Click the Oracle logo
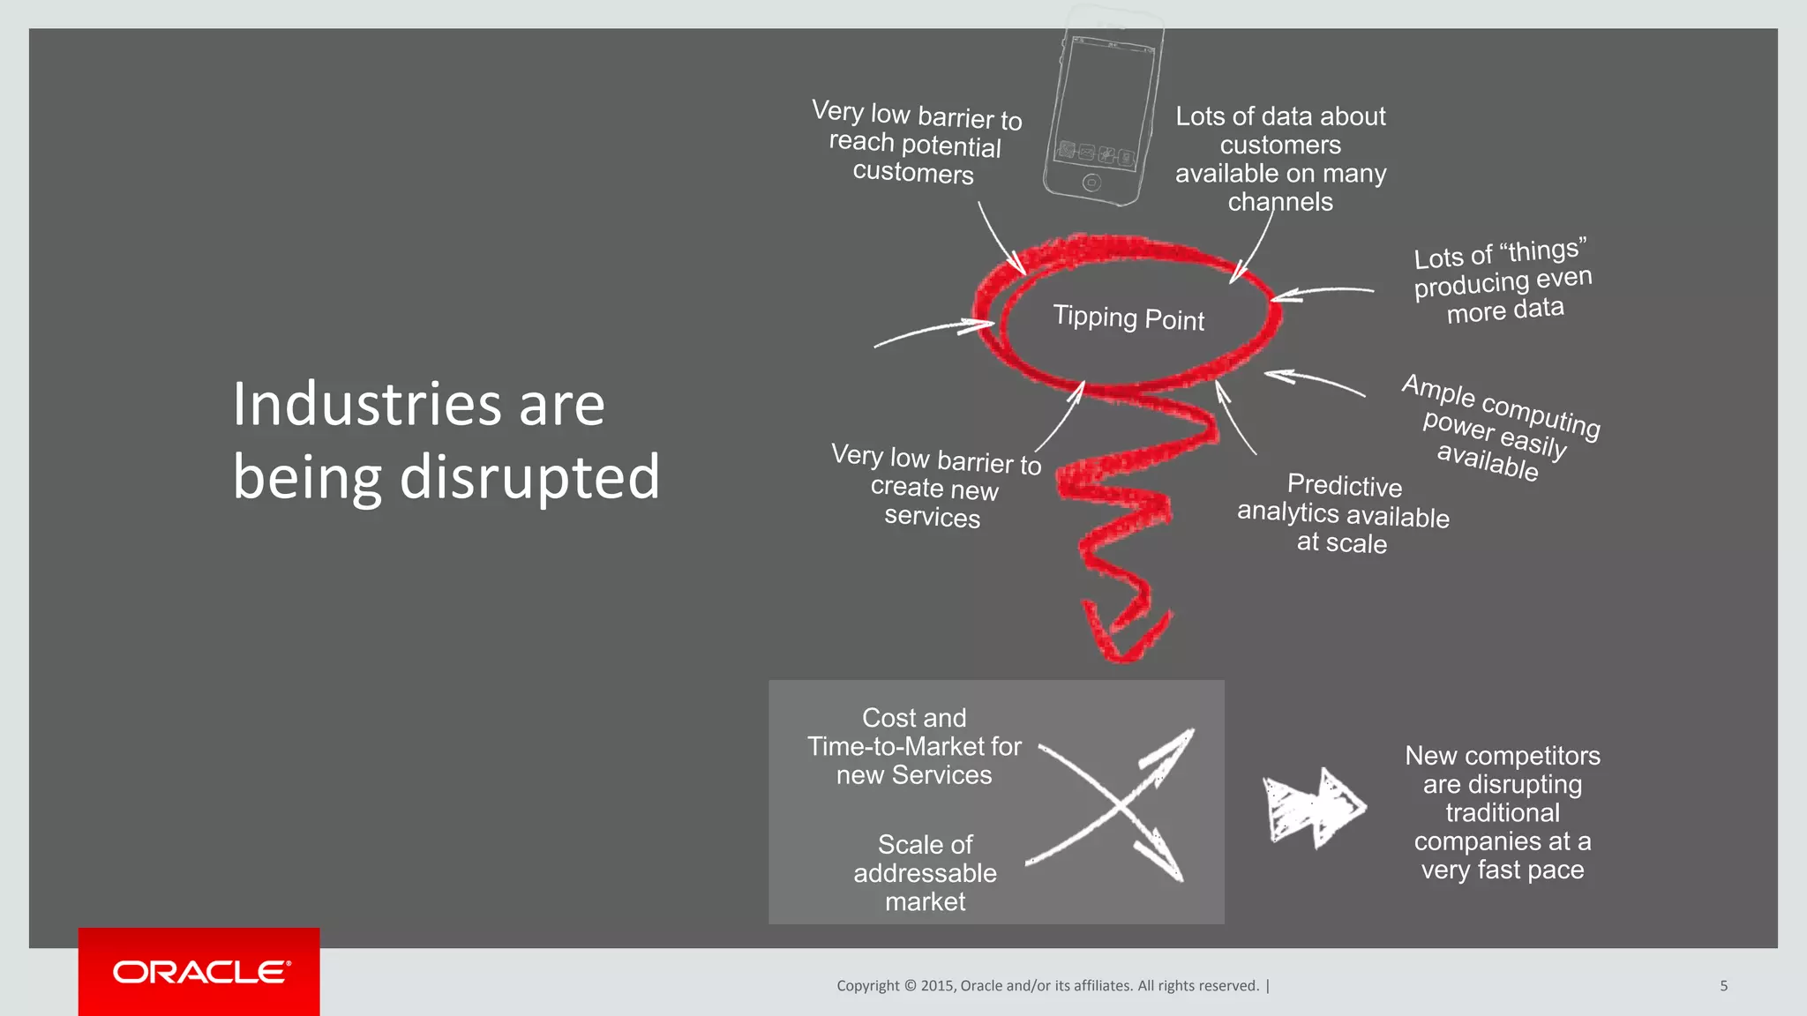[x=199, y=972]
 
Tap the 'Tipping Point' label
[x=1128, y=317]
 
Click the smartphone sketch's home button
[x=1091, y=183]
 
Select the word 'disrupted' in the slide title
[x=529, y=477]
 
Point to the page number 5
[x=1723, y=985]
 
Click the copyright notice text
[x=1048, y=985]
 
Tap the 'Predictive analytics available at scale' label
[x=1343, y=513]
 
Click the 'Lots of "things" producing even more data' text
[x=1503, y=282]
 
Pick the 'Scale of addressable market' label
[x=925, y=872]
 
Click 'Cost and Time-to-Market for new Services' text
[x=914, y=746]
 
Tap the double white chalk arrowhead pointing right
[x=1315, y=807]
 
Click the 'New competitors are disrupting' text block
[x=1502, y=812]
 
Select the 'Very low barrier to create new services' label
[x=934, y=487]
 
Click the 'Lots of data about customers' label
[x=1280, y=159]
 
